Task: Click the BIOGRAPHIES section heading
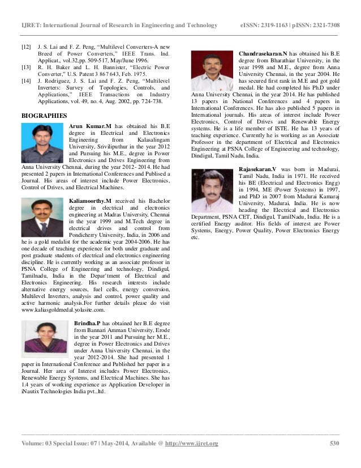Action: [x=44, y=114]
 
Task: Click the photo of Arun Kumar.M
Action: [x=44, y=143]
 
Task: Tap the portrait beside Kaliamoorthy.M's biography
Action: [x=44, y=219]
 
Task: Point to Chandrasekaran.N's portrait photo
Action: [x=214, y=69]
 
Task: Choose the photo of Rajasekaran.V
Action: [x=214, y=188]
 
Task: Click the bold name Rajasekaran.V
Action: [x=258, y=169]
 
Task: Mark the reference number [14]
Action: [x=25, y=81]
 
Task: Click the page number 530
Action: [x=334, y=443]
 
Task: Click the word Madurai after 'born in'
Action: [x=326, y=169]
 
